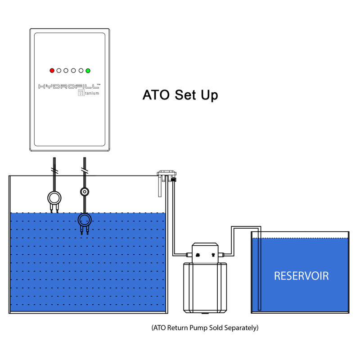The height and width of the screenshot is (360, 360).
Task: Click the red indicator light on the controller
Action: pos(52,71)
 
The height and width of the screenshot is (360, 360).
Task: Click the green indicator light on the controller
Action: pos(88,71)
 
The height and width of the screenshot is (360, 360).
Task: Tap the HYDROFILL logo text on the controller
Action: pos(69,86)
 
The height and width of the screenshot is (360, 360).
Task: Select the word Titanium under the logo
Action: pos(89,93)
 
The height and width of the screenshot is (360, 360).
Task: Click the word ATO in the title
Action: pos(156,95)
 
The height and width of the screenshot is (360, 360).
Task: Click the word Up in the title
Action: pos(209,95)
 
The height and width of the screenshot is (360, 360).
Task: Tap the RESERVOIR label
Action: pos(301,276)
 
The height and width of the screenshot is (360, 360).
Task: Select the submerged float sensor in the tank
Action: pos(85,222)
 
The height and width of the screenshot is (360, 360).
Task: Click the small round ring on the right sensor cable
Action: pos(85,192)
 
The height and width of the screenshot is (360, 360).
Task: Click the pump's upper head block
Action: pos(205,253)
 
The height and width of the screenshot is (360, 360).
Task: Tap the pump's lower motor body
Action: pos(205,288)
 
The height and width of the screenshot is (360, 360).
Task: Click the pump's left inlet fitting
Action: pos(189,255)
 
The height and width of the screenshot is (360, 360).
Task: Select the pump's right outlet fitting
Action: pos(221,255)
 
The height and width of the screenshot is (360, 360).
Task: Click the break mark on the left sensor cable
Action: pos(55,171)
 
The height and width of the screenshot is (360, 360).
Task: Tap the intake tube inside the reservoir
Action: pos(260,269)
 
